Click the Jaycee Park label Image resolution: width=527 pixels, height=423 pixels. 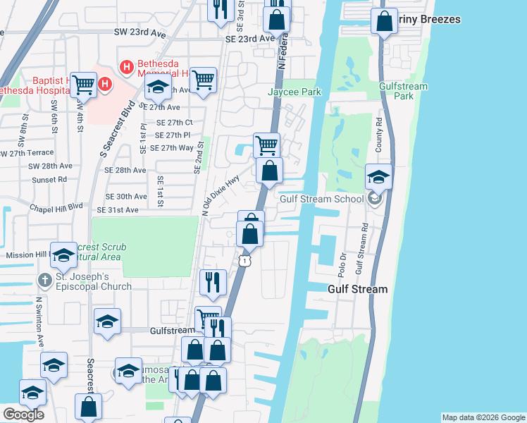coord(294,92)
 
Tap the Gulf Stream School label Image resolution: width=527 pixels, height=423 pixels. coord(322,199)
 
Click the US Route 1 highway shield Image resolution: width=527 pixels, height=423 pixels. coord(244,261)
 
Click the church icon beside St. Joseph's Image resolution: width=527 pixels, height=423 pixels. coord(44,281)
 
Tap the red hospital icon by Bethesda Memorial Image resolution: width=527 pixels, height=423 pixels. coord(127,68)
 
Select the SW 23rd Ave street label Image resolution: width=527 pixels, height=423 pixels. coord(140,32)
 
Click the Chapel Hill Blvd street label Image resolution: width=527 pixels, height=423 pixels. coord(56,207)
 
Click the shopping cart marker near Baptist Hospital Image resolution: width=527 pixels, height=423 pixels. coord(83,85)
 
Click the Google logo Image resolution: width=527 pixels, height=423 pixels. coord(23,415)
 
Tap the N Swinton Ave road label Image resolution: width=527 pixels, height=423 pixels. coord(40,321)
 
